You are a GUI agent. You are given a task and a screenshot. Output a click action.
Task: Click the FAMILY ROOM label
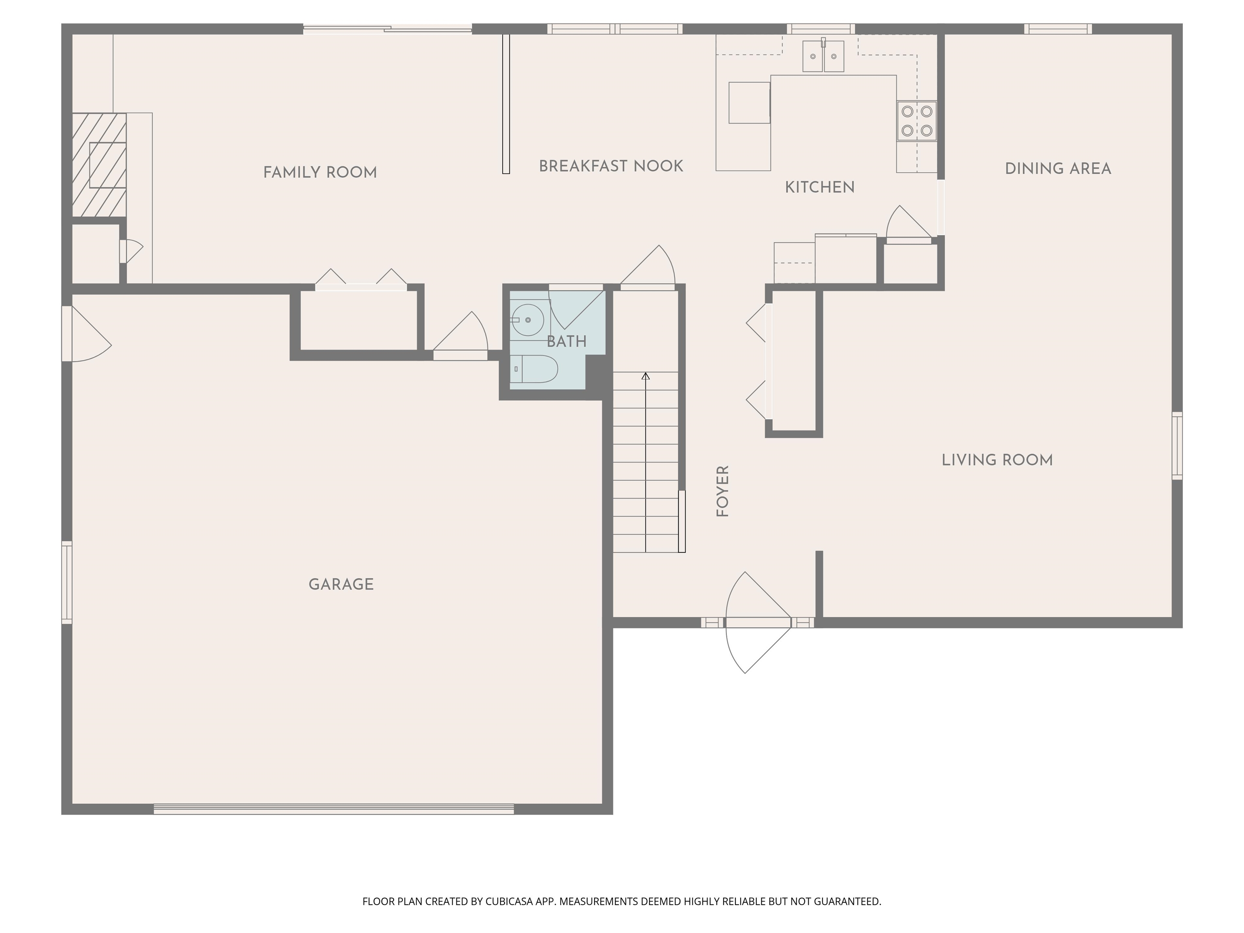[x=320, y=173]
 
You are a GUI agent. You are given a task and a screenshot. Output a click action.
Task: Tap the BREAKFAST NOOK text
[x=611, y=166]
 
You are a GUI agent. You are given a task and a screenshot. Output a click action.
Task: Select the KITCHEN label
[x=819, y=188]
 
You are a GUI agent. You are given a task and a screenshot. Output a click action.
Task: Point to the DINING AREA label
[x=1058, y=169]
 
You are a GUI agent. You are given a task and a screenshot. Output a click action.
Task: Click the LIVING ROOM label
[x=997, y=460]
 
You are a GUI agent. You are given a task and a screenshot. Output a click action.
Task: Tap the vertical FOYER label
[x=723, y=491]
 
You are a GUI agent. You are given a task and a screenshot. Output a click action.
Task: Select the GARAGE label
[x=341, y=584]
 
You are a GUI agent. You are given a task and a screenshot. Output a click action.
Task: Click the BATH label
[x=567, y=341]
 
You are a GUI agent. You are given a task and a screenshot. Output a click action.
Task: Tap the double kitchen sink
[x=823, y=56]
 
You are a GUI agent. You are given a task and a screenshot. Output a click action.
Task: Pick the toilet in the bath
[x=537, y=369]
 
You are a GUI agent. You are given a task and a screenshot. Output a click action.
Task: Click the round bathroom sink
[x=528, y=320]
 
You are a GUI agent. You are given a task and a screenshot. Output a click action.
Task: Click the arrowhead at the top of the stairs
[x=645, y=376]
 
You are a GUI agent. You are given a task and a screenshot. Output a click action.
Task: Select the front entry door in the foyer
[x=758, y=622]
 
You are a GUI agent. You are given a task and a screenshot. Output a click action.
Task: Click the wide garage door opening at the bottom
[x=334, y=809]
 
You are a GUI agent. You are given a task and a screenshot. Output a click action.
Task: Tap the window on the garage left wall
[x=67, y=582]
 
